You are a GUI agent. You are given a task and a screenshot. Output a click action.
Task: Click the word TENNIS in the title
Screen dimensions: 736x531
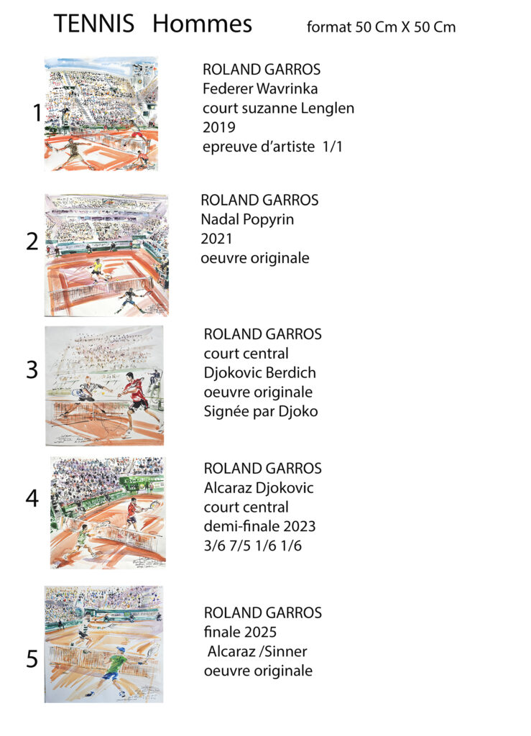point(93,24)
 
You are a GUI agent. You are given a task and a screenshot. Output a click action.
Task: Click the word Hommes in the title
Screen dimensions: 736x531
point(202,24)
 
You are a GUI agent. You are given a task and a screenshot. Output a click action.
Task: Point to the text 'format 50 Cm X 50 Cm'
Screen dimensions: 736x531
point(381,28)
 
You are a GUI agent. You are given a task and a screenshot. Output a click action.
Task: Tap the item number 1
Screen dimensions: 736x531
point(37,114)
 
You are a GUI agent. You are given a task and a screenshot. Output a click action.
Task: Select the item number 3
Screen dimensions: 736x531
point(32,370)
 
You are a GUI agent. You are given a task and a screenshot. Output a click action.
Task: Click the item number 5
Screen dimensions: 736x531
point(32,660)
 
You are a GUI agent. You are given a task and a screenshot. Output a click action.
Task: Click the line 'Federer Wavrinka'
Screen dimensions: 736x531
point(260,89)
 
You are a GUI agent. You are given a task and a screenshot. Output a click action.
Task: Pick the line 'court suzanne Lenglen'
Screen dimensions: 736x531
point(278,109)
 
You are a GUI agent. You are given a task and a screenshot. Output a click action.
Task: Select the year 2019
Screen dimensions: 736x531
point(218,128)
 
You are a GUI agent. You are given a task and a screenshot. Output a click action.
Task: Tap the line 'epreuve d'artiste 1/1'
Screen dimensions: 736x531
point(273,147)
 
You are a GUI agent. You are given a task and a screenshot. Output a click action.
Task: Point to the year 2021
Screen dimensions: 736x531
point(216,239)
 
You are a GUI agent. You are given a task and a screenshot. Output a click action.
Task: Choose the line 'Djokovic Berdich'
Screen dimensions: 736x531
point(259,373)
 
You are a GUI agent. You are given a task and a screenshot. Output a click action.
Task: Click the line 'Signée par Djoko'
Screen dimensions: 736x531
point(256,412)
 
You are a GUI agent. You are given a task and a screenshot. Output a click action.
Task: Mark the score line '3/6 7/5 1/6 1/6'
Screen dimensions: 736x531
point(253,546)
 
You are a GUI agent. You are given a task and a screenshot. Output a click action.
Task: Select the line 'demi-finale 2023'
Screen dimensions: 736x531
point(259,526)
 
